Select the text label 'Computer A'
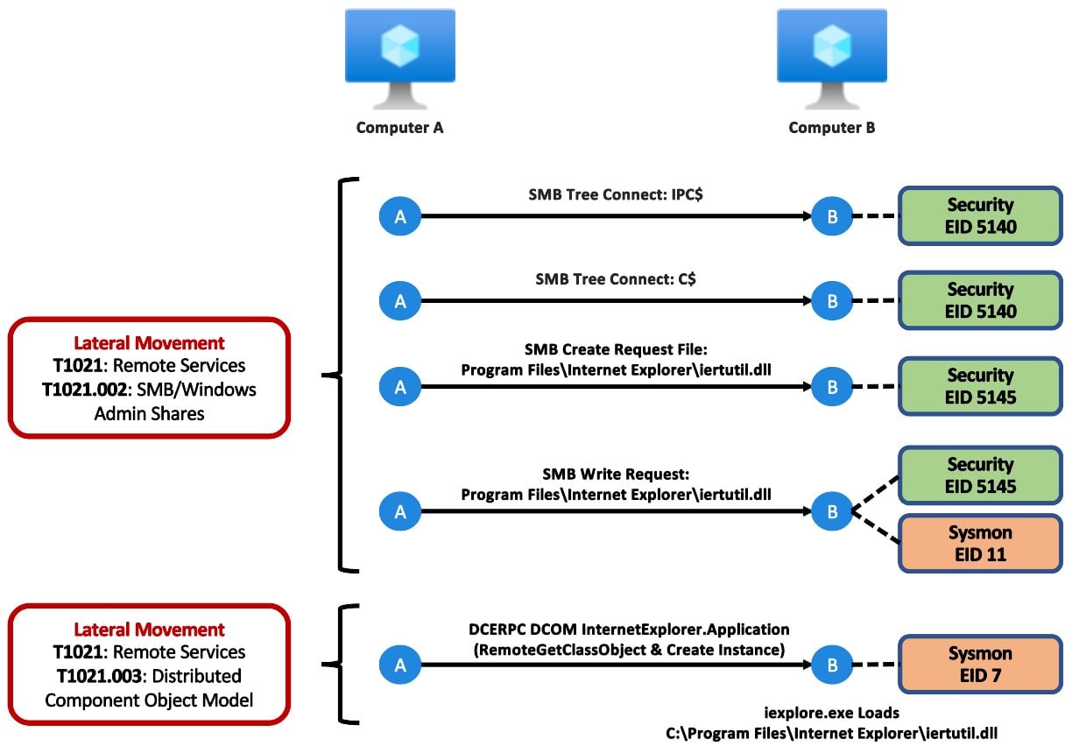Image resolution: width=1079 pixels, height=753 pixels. coord(399,128)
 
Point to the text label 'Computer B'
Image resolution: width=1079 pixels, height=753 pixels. coord(831,128)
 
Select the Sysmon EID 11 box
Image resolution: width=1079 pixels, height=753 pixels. coord(980,544)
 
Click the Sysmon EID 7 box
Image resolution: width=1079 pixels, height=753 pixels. coord(980,665)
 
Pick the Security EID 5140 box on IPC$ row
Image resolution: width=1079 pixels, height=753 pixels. coord(980,215)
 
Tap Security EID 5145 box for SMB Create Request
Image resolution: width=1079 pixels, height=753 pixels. coord(980,386)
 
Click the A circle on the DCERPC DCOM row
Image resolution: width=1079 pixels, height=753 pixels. coord(400,665)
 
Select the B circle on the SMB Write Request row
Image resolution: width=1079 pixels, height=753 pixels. coord(832,511)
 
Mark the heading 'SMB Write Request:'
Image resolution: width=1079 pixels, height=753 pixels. coord(616,474)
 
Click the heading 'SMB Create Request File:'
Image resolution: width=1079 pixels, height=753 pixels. coord(616,349)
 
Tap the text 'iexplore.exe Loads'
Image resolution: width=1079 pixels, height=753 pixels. coord(832,714)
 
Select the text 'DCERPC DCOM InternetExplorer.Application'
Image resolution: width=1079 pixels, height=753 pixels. coord(616,630)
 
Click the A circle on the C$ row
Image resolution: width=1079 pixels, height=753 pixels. coord(400,301)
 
